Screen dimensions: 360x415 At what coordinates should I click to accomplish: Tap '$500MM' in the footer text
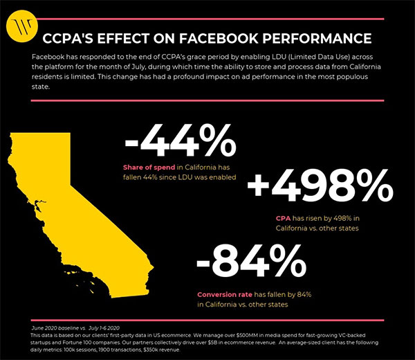pyautogui.click(x=249, y=334)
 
